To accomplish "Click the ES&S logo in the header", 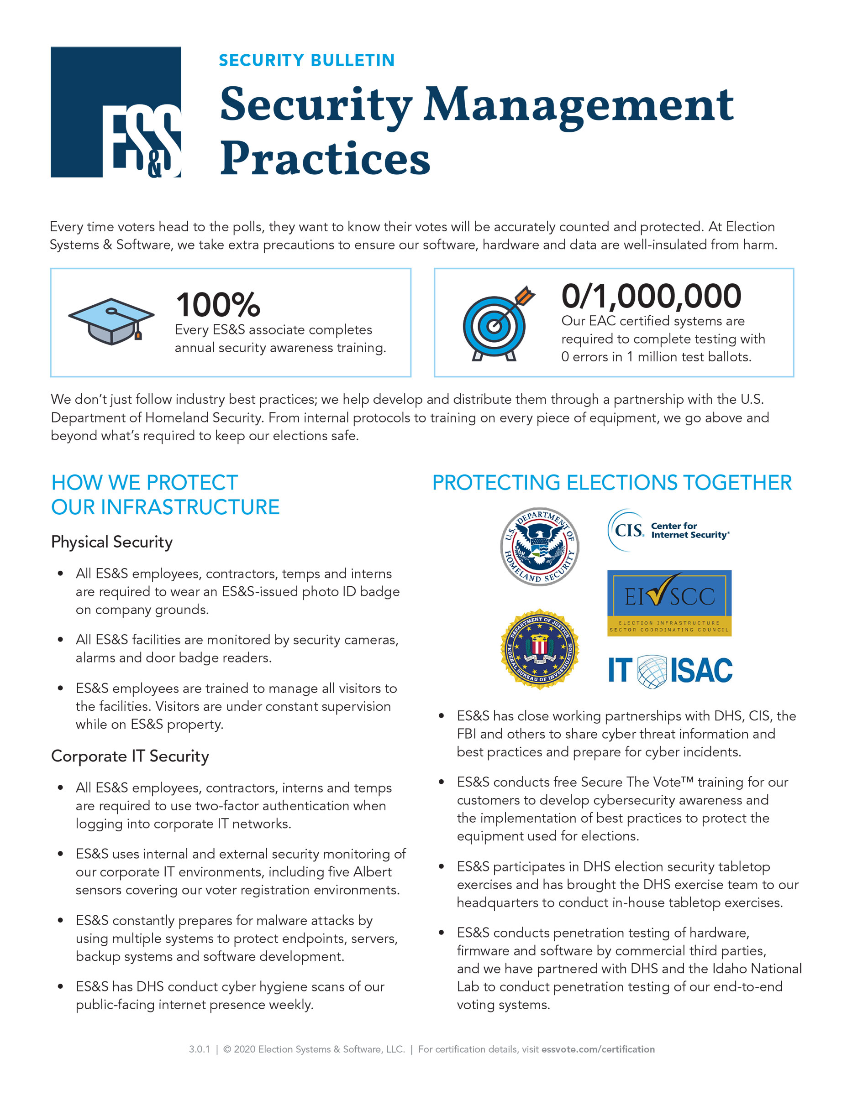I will [x=116, y=112].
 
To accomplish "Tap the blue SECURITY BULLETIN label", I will [x=306, y=60].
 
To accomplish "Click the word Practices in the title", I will [x=325, y=158].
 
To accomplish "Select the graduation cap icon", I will [x=111, y=321].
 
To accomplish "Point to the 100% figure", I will [x=218, y=305].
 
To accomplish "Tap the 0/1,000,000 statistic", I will [x=651, y=296].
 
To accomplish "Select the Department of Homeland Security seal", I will [x=539, y=546].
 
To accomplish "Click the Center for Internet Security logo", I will [x=668, y=531].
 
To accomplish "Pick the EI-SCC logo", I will [x=669, y=603].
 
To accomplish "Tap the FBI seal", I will [x=539, y=649].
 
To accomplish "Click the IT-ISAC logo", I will [x=670, y=671].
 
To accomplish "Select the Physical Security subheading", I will [x=112, y=542].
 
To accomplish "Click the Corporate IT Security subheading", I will [x=130, y=756].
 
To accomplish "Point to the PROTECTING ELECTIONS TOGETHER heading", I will [x=612, y=483].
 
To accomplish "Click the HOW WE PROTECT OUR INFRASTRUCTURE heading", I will [x=165, y=495].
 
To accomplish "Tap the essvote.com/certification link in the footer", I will [x=598, y=1049].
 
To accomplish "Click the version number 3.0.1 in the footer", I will [x=199, y=1049].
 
